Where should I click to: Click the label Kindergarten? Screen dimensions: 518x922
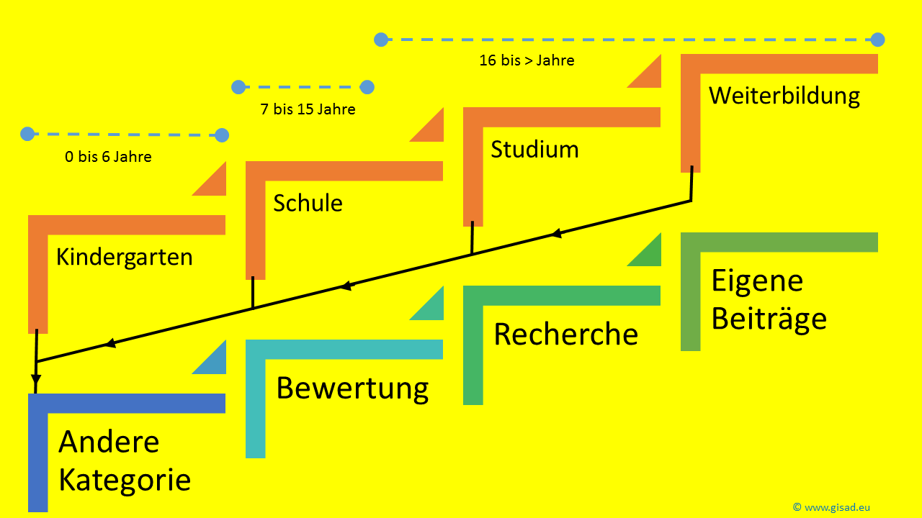point(124,257)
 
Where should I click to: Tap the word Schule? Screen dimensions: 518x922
point(308,203)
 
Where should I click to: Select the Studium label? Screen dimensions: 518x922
point(534,150)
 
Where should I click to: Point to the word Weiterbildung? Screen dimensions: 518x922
point(784,96)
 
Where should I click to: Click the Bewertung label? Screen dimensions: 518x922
point(352,388)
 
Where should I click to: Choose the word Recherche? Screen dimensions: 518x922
point(565,335)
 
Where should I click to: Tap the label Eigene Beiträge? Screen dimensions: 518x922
point(768,300)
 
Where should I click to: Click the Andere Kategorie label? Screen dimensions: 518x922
point(124,461)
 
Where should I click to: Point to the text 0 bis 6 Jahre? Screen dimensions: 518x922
point(108,157)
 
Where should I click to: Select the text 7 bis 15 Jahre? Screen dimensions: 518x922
point(308,110)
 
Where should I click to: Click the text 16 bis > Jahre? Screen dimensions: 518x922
point(527,60)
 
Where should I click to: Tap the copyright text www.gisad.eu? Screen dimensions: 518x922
point(831,507)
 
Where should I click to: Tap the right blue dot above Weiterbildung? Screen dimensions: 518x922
point(877,40)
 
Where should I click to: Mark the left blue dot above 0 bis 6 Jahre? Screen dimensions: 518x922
point(27,134)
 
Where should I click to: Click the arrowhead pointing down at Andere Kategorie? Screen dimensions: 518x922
point(36,380)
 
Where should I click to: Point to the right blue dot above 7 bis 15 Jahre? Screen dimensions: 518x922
point(367,87)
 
